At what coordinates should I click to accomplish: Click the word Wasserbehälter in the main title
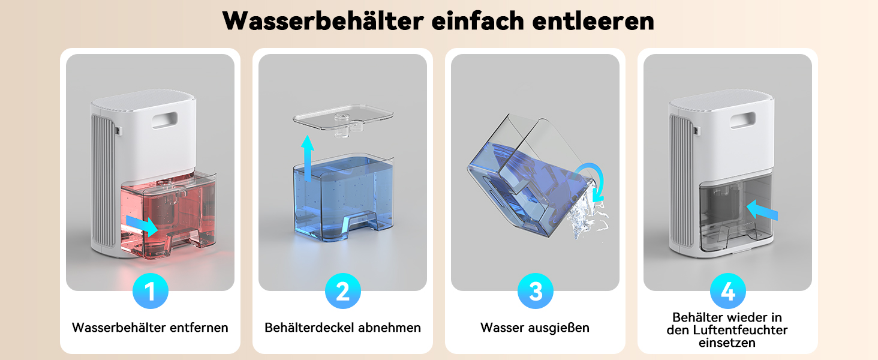tap(323, 21)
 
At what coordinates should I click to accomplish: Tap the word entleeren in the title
tap(594, 21)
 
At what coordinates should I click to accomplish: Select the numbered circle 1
tap(150, 291)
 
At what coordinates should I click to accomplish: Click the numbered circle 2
tap(342, 291)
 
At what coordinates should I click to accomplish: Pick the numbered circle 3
tap(536, 291)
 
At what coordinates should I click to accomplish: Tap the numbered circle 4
tap(728, 291)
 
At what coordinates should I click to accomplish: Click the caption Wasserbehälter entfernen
tap(150, 328)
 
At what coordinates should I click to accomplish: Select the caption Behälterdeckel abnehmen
tap(342, 328)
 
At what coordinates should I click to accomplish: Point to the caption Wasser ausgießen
tap(535, 328)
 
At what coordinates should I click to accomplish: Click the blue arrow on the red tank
tap(143, 225)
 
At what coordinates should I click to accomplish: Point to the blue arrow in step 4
tap(762, 210)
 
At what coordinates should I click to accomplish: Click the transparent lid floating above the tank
tap(343, 119)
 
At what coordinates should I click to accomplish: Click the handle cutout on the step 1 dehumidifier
tap(164, 120)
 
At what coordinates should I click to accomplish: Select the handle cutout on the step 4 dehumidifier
tap(743, 120)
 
